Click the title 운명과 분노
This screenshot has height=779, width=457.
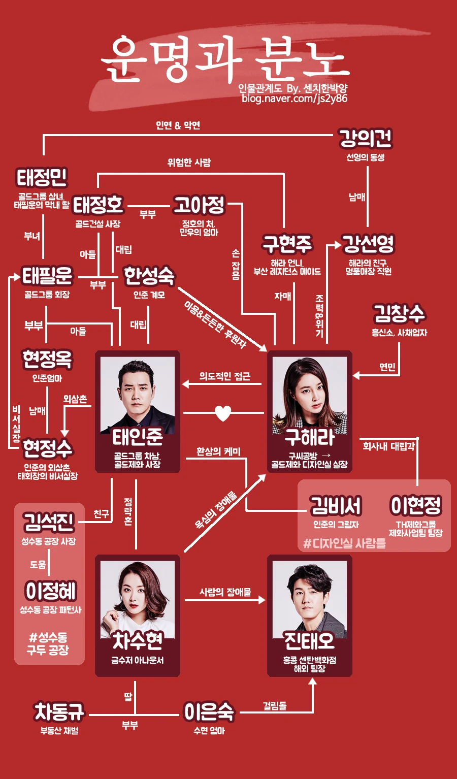click(x=225, y=59)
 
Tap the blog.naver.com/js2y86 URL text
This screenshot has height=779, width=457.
click(x=295, y=99)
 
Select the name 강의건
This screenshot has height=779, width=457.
click(x=365, y=138)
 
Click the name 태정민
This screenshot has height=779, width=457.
click(x=42, y=178)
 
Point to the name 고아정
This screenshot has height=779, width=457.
click(x=199, y=205)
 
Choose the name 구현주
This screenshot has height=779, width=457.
click(x=287, y=244)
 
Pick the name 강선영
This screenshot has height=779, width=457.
click(x=368, y=244)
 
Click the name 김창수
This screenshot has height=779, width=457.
click(x=399, y=313)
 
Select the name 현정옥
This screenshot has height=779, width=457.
click(x=47, y=360)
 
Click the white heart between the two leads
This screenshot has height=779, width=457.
click(x=223, y=413)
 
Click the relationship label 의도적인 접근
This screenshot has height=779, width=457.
click(x=224, y=376)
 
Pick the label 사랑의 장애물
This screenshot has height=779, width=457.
click(x=225, y=592)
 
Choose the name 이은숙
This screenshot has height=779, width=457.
click(x=209, y=712)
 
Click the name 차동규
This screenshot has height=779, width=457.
click(x=59, y=712)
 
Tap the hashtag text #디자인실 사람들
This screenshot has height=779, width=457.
click(x=345, y=543)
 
